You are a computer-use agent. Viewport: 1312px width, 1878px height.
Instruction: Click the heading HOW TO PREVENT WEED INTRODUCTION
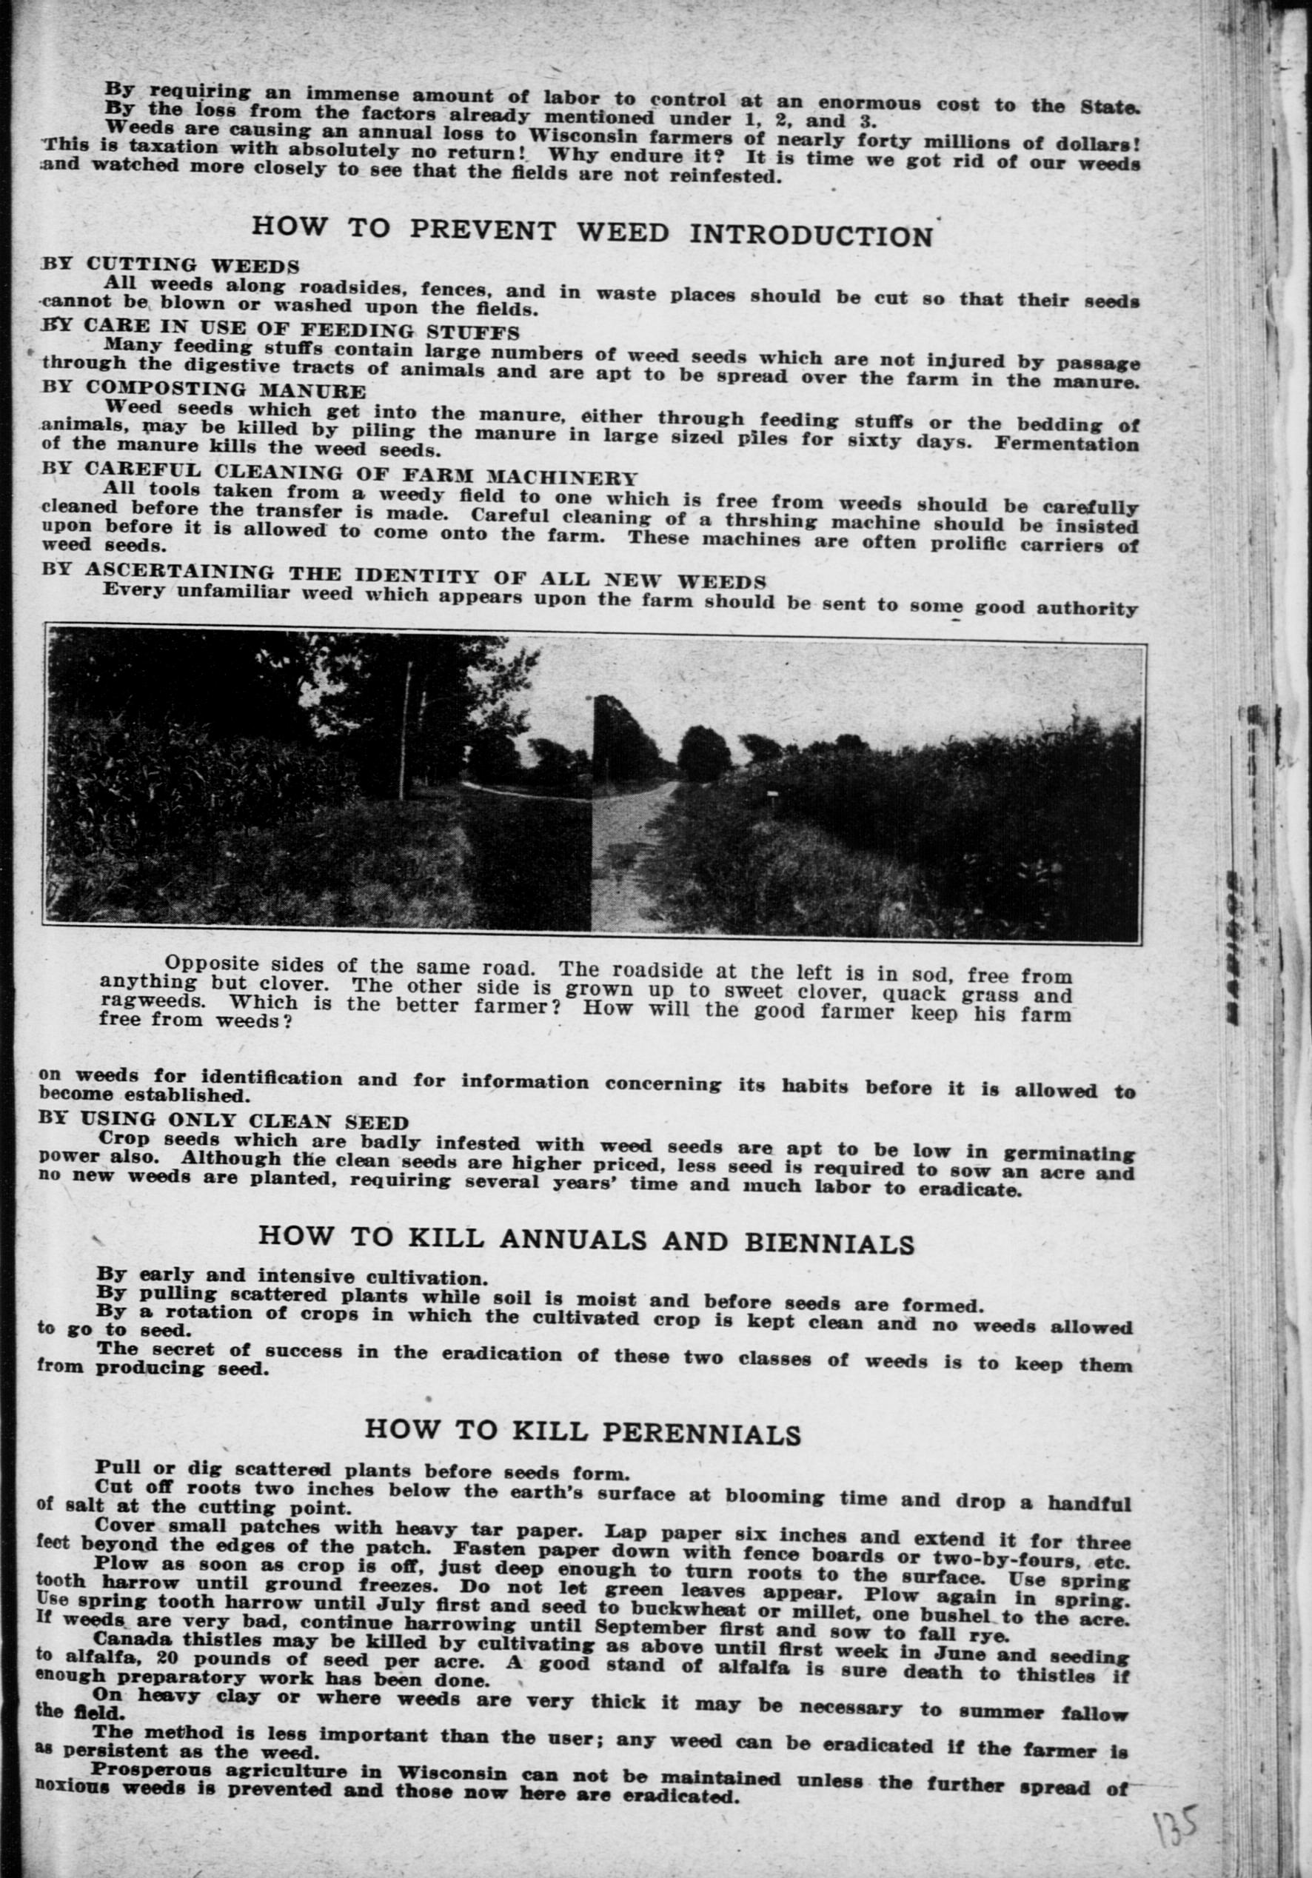(592, 232)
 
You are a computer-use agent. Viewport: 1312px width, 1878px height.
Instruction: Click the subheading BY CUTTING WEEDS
(170, 265)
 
